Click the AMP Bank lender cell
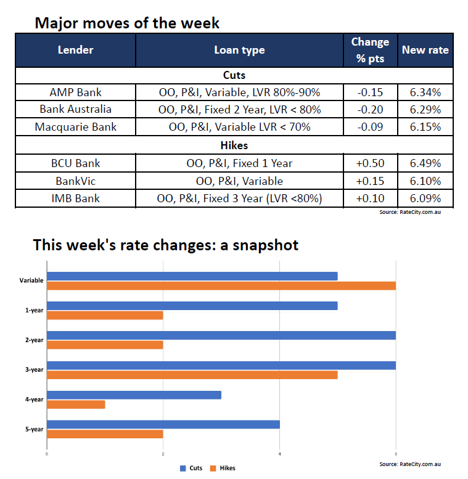coord(75,92)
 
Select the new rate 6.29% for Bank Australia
coord(425,110)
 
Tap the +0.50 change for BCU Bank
coord(369,163)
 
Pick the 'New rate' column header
coord(425,50)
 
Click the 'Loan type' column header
coord(239,50)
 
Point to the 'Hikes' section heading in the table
coord(234,145)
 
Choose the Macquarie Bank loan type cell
coord(239,127)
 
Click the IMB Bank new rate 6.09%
coord(425,199)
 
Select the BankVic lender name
coord(75,181)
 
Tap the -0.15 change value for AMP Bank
coord(369,92)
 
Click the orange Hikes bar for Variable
coord(221,285)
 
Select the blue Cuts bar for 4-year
coord(134,395)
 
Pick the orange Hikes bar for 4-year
coord(76,404)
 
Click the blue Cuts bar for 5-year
coord(163,424)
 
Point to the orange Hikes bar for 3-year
coord(192,375)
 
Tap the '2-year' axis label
coord(34,340)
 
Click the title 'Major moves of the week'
coord(126,23)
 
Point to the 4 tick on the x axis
coord(279,455)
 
